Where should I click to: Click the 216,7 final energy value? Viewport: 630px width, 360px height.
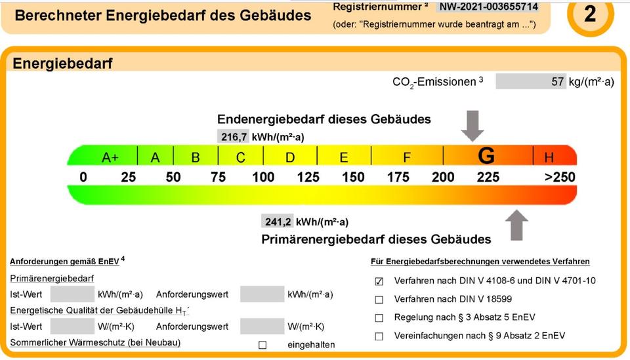[x=233, y=136]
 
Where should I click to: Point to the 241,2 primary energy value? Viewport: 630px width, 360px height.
[x=277, y=221]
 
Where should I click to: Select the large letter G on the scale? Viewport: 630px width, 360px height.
[x=486, y=156]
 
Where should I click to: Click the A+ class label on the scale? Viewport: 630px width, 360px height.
[x=110, y=157]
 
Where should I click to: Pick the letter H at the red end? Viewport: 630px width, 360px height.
[x=549, y=157]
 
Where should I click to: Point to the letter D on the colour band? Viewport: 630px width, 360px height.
[x=290, y=157]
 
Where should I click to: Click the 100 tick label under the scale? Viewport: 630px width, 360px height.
[x=263, y=177]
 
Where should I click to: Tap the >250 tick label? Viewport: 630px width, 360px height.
[x=559, y=177]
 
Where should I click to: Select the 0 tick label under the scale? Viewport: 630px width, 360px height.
[x=83, y=177]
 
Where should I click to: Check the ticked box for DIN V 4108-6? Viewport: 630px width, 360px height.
[x=379, y=281]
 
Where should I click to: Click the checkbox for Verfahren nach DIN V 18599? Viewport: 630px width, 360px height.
[x=379, y=300]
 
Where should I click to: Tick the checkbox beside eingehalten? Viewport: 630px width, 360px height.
[x=262, y=345]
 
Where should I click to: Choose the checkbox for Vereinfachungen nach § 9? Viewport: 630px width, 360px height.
[x=379, y=336]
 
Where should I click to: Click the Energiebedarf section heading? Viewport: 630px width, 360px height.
[x=63, y=64]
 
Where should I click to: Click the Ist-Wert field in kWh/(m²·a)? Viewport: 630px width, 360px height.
[x=72, y=294]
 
